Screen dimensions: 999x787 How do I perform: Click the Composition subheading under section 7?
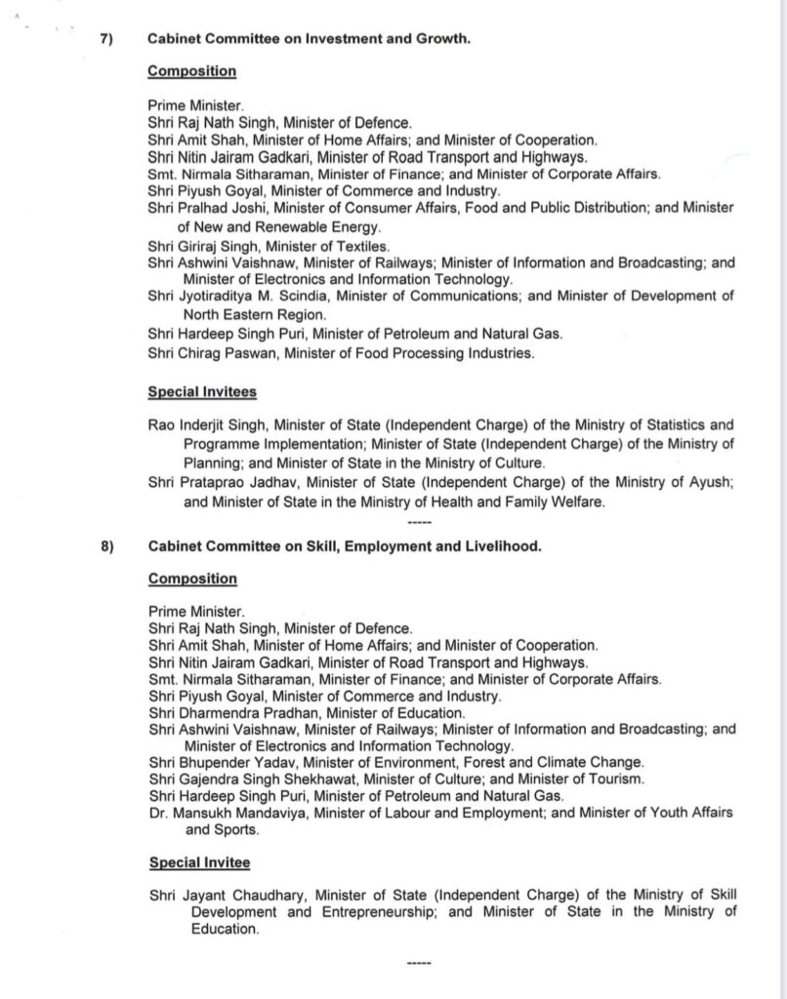click(192, 71)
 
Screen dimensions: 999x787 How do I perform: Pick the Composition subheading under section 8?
click(192, 579)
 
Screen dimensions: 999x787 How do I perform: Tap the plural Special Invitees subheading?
click(202, 392)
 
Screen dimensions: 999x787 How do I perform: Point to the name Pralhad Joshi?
click(218, 209)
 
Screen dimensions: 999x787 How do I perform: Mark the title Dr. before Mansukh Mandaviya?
click(158, 812)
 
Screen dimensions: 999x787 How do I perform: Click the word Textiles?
click(362, 246)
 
